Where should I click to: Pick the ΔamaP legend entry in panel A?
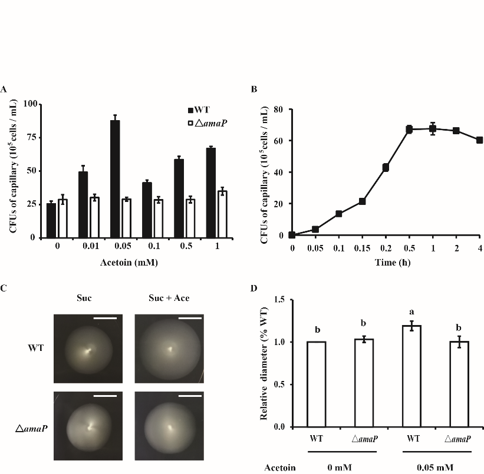[203, 123]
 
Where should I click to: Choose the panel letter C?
[4, 288]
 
